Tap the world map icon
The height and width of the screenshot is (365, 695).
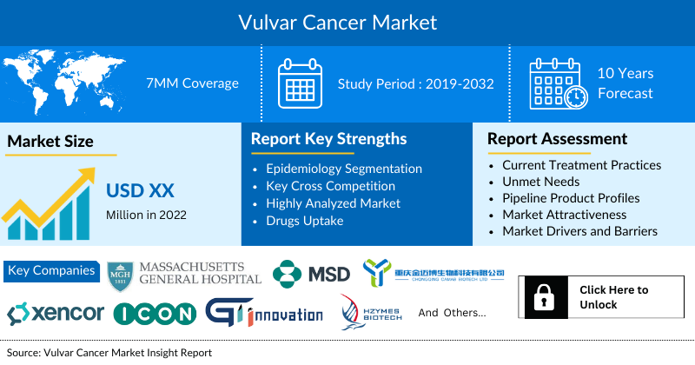point(66,83)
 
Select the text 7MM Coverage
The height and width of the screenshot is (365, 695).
point(192,83)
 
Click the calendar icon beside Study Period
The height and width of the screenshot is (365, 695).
point(300,83)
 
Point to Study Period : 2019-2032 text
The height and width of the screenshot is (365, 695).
point(416,84)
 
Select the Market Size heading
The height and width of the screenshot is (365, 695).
point(50,141)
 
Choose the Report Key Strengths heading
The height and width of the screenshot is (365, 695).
point(328,138)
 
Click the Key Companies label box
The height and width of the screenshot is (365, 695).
point(52,270)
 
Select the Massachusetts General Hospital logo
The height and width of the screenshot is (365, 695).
point(184,272)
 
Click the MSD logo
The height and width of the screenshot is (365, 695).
point(311,274)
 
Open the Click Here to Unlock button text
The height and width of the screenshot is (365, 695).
point(613,297)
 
